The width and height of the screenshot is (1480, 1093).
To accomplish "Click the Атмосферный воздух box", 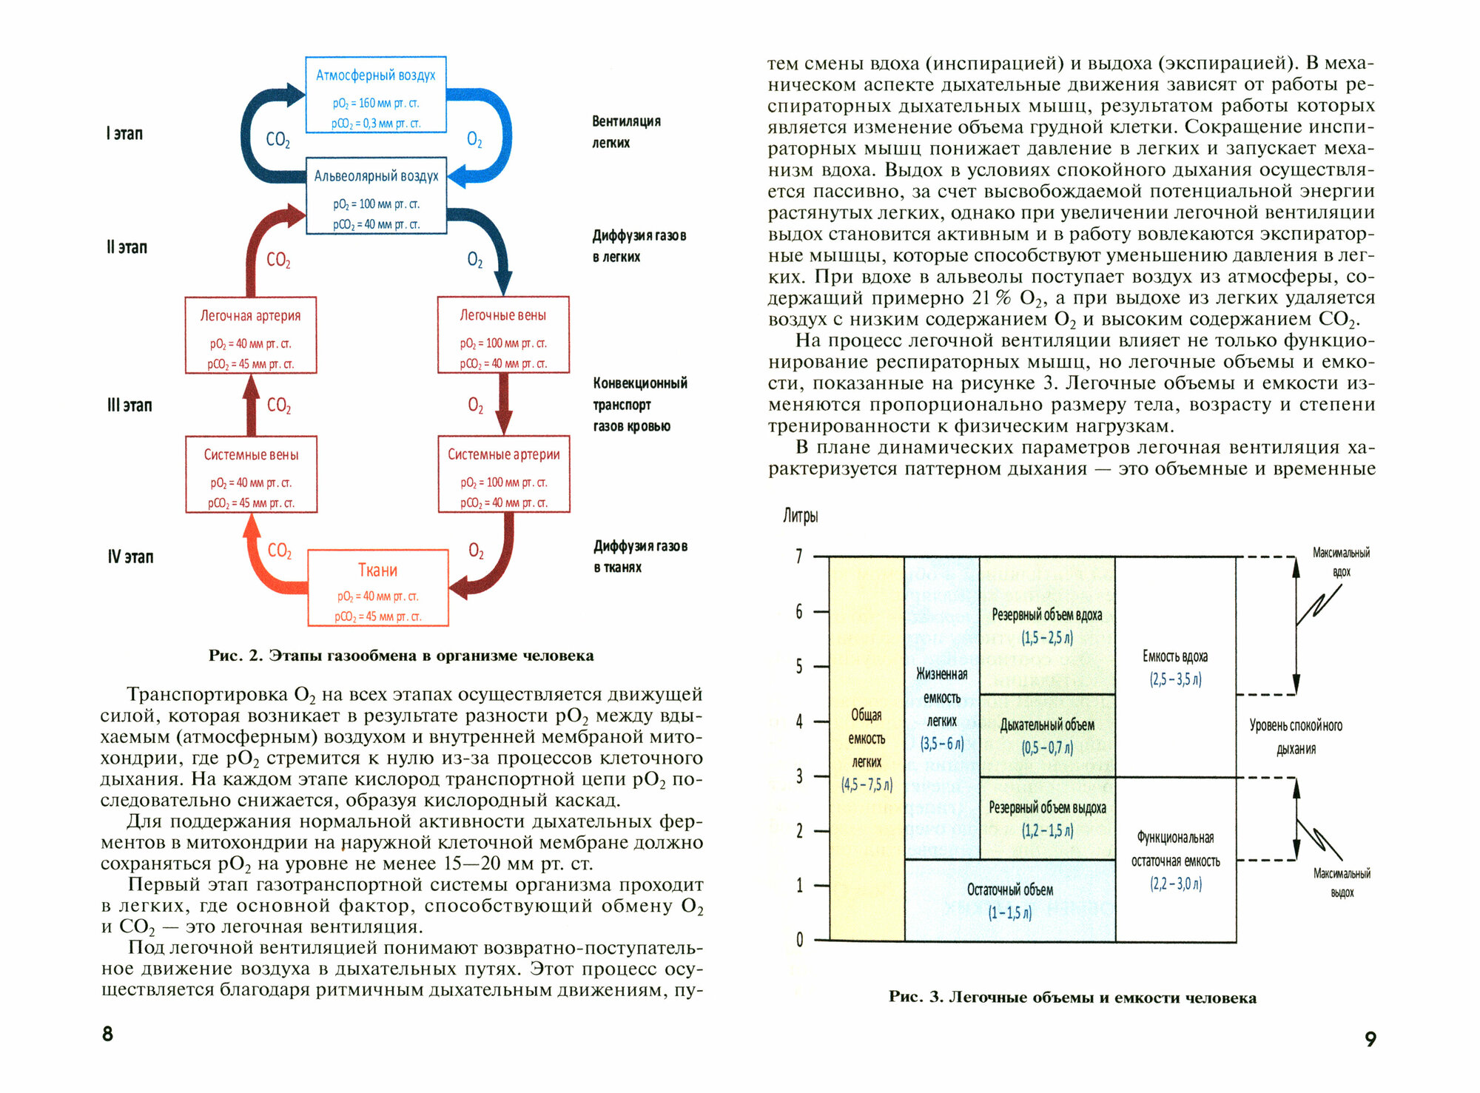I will (x=376, y=95).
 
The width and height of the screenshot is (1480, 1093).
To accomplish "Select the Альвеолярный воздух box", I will (x=376, y=195).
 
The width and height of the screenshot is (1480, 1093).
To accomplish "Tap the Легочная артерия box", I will (x=251, y=335).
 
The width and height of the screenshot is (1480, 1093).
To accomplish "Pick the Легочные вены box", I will (x=503, y=334).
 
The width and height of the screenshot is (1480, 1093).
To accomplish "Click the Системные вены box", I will (x=251, y=474).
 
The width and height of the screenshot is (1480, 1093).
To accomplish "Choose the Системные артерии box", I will (x=503, y=474).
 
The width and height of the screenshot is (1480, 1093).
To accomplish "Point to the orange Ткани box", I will (x=377, y=588).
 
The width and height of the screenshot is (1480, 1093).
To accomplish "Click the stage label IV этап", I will (x=130, y=556).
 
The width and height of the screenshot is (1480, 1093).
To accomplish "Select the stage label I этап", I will (x=124, y=134).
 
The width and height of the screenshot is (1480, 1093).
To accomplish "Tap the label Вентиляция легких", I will (x=625, y=132).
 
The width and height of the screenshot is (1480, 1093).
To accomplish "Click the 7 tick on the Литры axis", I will (x=799, y=556).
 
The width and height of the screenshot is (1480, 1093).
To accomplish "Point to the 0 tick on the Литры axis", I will (x=799, y=940).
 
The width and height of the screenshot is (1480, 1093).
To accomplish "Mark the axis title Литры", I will (x=801, y=516).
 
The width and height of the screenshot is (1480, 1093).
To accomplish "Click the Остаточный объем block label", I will (x=1009, y=890).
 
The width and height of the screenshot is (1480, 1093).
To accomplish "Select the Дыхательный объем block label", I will (x=1046, y=726).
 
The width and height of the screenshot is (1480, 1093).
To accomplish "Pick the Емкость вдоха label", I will (x=1174, y=656).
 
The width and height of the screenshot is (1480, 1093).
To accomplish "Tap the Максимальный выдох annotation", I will (x=1341, y=882).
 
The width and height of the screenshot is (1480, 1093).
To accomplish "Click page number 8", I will (x=108, y=1034).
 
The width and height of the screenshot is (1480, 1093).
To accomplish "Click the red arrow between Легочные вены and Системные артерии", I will (x=503, y=404).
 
